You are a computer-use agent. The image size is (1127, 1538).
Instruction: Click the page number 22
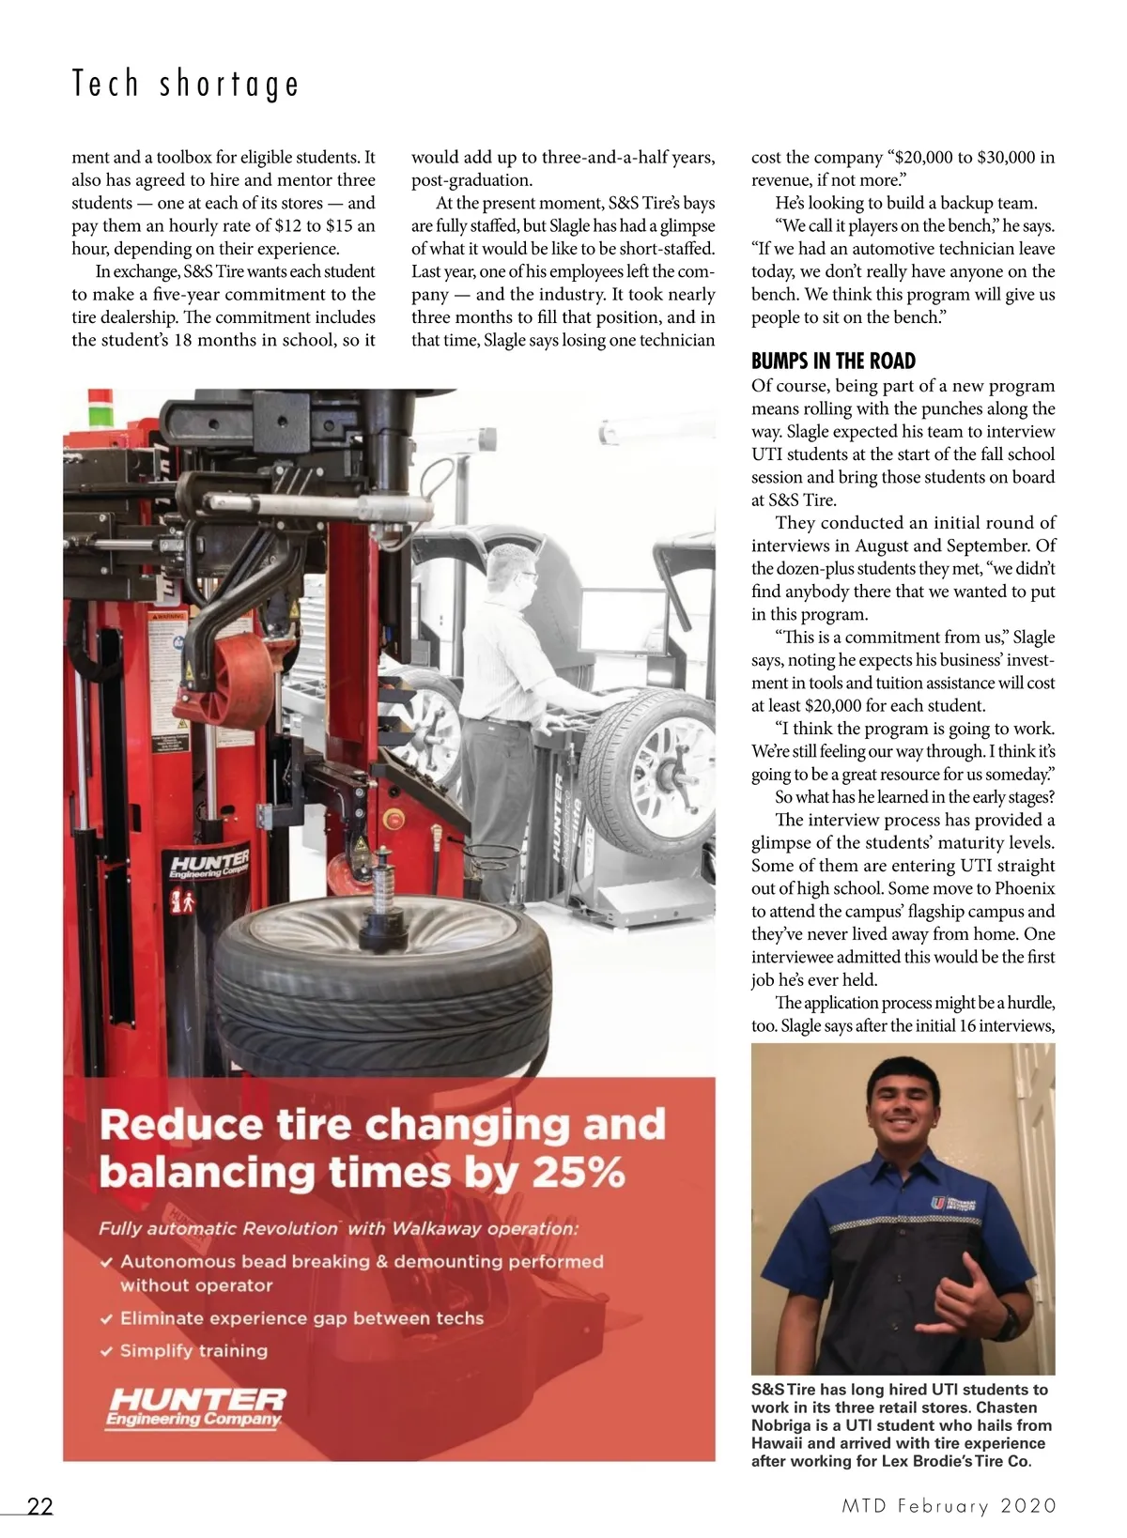[39, 1506]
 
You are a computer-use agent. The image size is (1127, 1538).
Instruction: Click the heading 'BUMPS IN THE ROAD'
[833, 361]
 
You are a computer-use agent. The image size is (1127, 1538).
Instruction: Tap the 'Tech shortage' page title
[186, 85]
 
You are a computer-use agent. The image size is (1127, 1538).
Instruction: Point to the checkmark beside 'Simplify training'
[107, 1351]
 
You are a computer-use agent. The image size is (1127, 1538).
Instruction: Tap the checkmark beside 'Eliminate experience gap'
[107, 1318]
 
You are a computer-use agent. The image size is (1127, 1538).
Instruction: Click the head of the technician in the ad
[515, 572]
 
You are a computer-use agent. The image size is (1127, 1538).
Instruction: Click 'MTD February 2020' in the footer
[949, 1506]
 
